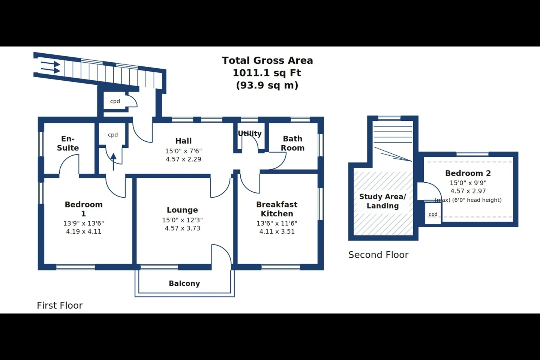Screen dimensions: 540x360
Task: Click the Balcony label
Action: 184,283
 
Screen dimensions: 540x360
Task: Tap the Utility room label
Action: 250,133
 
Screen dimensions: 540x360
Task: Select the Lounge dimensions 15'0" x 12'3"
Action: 182,220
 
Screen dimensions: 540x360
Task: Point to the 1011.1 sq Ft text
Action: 267,73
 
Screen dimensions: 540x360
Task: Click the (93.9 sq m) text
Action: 267,85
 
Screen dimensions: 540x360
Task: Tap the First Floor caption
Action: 60,306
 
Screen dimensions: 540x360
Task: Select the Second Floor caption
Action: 378,255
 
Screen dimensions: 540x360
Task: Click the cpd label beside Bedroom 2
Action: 433,214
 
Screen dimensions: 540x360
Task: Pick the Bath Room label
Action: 292,143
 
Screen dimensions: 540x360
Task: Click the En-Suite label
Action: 68,143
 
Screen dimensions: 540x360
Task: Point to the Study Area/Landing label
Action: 382,201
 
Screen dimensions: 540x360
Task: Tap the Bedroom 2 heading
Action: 468,173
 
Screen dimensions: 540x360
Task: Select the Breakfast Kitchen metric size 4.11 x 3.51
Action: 277,231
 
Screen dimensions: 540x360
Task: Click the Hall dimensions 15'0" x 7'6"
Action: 183,151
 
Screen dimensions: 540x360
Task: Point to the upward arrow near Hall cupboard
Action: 113,162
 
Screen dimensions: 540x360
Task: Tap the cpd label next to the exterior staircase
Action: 115,102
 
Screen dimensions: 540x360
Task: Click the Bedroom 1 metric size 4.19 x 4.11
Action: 84,231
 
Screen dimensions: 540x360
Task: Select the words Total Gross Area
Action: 267,60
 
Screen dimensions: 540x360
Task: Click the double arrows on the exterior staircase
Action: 51,67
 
